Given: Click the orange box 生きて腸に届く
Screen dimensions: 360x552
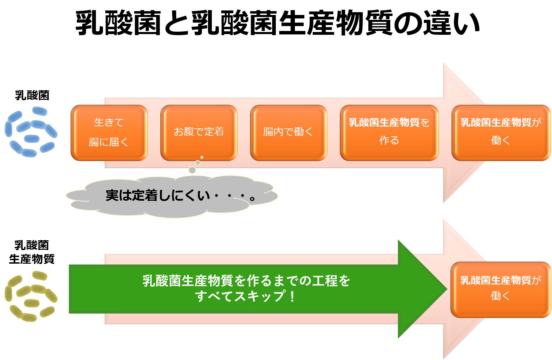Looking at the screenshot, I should tap(109, 133).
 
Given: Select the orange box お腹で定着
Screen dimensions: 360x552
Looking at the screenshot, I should tap(199, 133).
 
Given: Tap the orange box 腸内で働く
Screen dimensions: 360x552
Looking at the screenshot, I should tap(288, 133).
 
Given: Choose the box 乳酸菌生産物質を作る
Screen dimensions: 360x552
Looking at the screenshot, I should tap(389, 133).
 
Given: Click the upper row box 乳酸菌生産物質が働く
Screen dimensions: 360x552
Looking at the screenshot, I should tap(501, 133).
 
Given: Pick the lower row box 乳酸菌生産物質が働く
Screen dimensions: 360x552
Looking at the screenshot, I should tap(501, 289).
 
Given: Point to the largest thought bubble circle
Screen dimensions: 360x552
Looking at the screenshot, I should tap(192, 170).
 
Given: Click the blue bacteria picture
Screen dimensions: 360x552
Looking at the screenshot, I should tap(31, 133).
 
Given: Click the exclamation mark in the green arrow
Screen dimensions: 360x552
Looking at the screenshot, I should tap(292, 296).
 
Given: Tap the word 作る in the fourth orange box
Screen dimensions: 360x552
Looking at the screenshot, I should tap(389, 141).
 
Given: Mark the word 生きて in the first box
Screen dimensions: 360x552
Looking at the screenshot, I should tap(109, 122).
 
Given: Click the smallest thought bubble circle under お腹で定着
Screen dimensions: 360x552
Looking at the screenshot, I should tap(202, 158).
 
